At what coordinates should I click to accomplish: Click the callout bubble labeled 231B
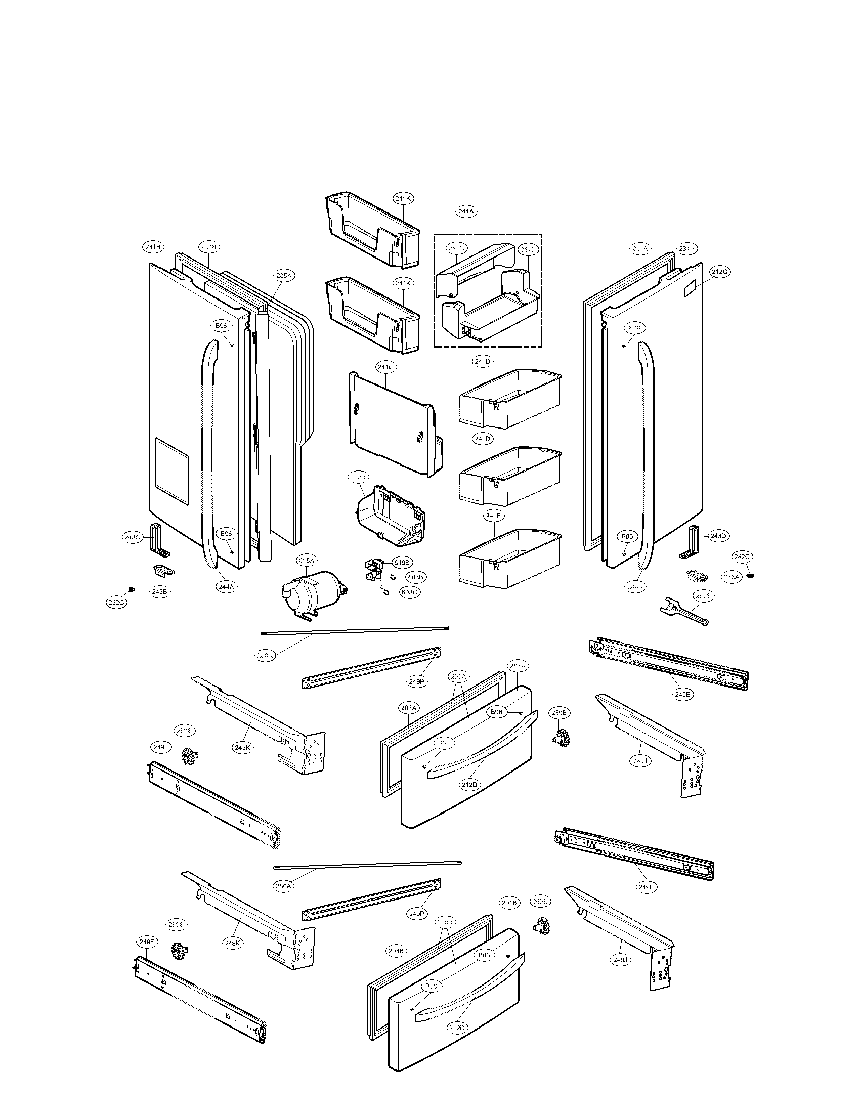point(152,247)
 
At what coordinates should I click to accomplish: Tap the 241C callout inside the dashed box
point(456,249)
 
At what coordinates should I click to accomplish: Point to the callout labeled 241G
point(385,367)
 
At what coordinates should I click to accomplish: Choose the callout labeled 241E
point(493,516)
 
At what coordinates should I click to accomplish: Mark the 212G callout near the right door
point(719,272)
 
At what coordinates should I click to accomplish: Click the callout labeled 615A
point(307,561)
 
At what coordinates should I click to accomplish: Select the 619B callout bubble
point(402,563)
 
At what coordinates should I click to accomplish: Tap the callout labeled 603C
point(410,593)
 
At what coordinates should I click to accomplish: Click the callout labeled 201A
point(518,666)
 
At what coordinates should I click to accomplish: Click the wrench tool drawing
point(685,611)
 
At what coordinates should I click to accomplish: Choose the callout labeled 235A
point(283,276)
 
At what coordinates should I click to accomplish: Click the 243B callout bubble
point(159,592)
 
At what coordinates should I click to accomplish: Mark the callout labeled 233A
point(639,249)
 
